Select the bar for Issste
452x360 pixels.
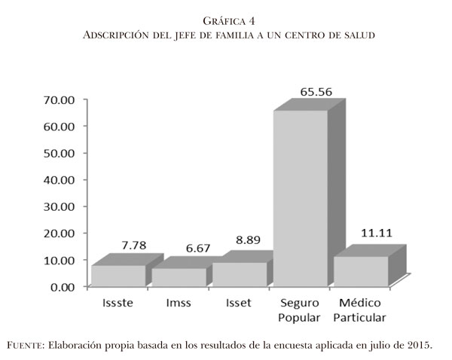pyautogui.click(x=117, y=276)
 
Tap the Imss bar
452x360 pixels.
pyautogui.click(x=179, y=277)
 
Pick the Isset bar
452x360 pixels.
pyautogui.click(x=240, y=274)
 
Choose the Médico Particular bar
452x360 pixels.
pyautogui.click(x=361, y=271)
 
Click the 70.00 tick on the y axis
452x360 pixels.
pyautogui.click(x=57, y=99)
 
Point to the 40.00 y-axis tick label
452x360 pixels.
pyautogui.click(x=57, y=179)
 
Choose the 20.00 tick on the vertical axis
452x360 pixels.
pyautogui.click(x=57, y=233)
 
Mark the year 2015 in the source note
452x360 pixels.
pyautogui.click(x=420, y=346)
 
